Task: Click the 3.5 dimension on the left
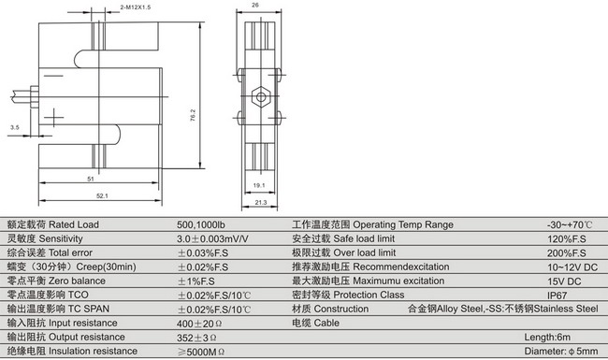(x=14, y=125)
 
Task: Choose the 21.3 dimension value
(x=261, y=202)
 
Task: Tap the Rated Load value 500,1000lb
(x=202, y=225)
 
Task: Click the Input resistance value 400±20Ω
(x=198, y=323)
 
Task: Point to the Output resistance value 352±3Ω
(x=196, y=337)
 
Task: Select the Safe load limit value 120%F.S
(x=567, y=239)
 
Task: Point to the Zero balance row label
(x=57, y=281)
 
